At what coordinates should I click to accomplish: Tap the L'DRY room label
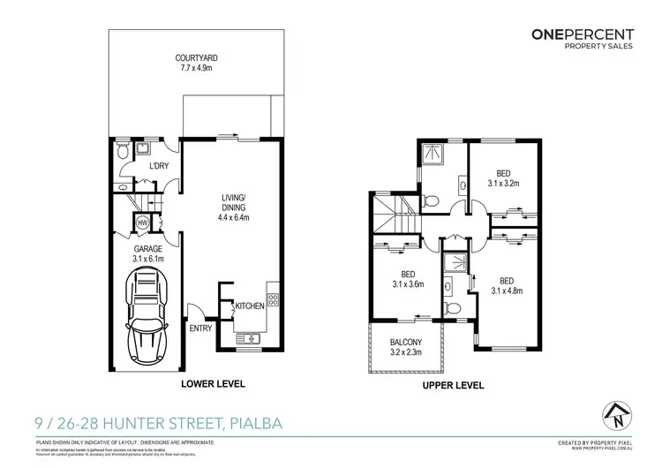click(x=159, y=166)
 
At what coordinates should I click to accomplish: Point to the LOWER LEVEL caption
click(x=213, y=385)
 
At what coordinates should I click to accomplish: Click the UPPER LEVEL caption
click(x=453, y=385)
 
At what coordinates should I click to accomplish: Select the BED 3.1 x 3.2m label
click(x=503, y=179)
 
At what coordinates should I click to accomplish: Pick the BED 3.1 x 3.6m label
click(x=408, y=279)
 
